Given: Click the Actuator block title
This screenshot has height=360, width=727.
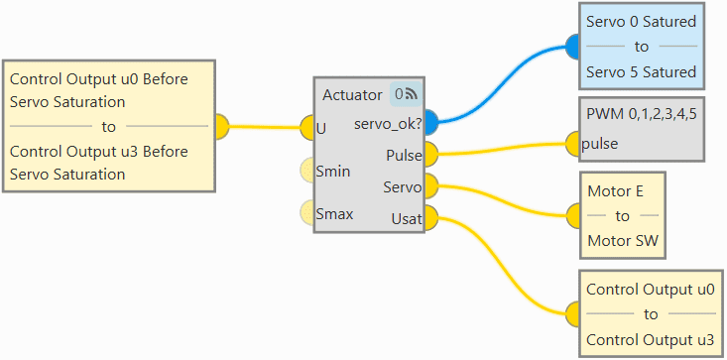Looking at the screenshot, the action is click(x=352, y=95).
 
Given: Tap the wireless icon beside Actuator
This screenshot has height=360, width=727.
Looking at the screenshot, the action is click(x=412, y=94).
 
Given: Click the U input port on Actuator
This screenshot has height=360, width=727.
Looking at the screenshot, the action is click(x=307, y=127).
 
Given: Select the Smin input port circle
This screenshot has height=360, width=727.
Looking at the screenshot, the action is click(x=307, y=170).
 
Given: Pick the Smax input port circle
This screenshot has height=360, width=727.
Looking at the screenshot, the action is click(x=307, y=212).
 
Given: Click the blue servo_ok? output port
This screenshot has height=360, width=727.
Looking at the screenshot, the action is click(x=431, y=122).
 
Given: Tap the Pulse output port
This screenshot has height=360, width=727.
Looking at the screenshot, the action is click(x=431, y=155).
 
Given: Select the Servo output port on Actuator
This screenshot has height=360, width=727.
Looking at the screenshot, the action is click(x=431, y=186).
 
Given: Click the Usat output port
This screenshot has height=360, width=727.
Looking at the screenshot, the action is click(x=431, y=218).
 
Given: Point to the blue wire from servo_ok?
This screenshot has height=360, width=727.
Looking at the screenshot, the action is click(x=502, y=84).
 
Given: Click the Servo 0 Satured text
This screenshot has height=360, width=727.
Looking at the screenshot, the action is click(x=642, y=22).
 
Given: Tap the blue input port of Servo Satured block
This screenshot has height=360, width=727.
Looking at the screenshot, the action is click(x=573, y=47).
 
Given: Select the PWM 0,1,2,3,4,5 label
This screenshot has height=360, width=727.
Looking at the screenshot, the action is click(x=642, y=114).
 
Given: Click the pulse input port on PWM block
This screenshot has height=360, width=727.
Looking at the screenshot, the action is click(x=573, y=144).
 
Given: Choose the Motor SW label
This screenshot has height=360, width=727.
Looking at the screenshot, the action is click(x=623, y=241).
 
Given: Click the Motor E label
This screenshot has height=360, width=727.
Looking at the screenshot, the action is click(x=615, y=190).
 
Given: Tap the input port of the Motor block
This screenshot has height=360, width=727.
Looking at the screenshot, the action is click(x=574, y=215).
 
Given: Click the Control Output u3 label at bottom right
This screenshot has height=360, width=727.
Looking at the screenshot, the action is click(x=650, y=339).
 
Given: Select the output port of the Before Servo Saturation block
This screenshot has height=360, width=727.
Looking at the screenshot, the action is click(x=222, y=127).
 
